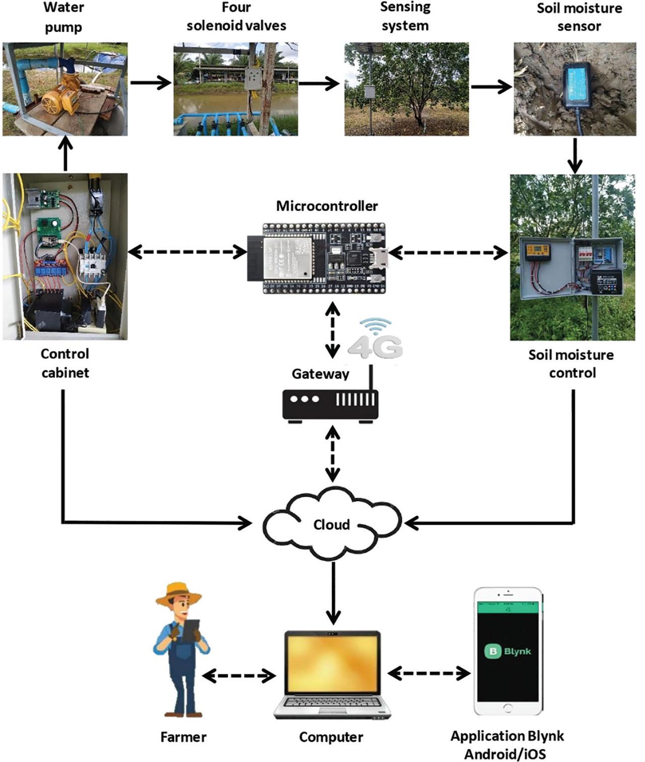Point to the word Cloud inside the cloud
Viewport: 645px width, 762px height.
pos(331,525)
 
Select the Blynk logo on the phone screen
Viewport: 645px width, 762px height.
pos(507,651)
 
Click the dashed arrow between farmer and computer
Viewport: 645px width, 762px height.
pos(239,675)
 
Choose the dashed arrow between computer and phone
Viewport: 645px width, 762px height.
pos(429,673)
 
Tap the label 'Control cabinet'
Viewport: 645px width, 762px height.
pos(65,363)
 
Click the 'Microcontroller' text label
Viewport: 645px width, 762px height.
pos(327,206)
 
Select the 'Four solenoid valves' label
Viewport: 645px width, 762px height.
pos(236,17)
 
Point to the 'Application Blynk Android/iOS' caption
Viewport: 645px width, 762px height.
pos(506,744)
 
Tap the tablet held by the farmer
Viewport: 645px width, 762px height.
pos(190,630)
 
